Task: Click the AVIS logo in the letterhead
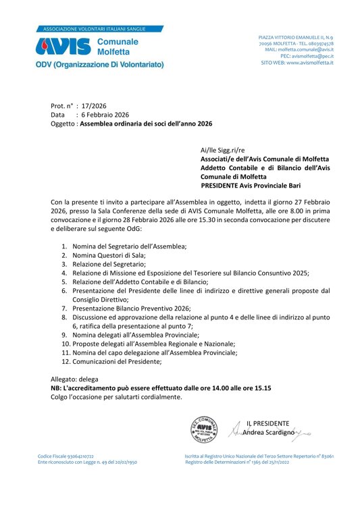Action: point(62,46)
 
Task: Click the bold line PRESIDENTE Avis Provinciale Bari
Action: point(251,186)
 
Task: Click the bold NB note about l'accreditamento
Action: point(161,389)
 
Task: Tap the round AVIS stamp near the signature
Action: point(204,428)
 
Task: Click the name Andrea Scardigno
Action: point(268,432)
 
